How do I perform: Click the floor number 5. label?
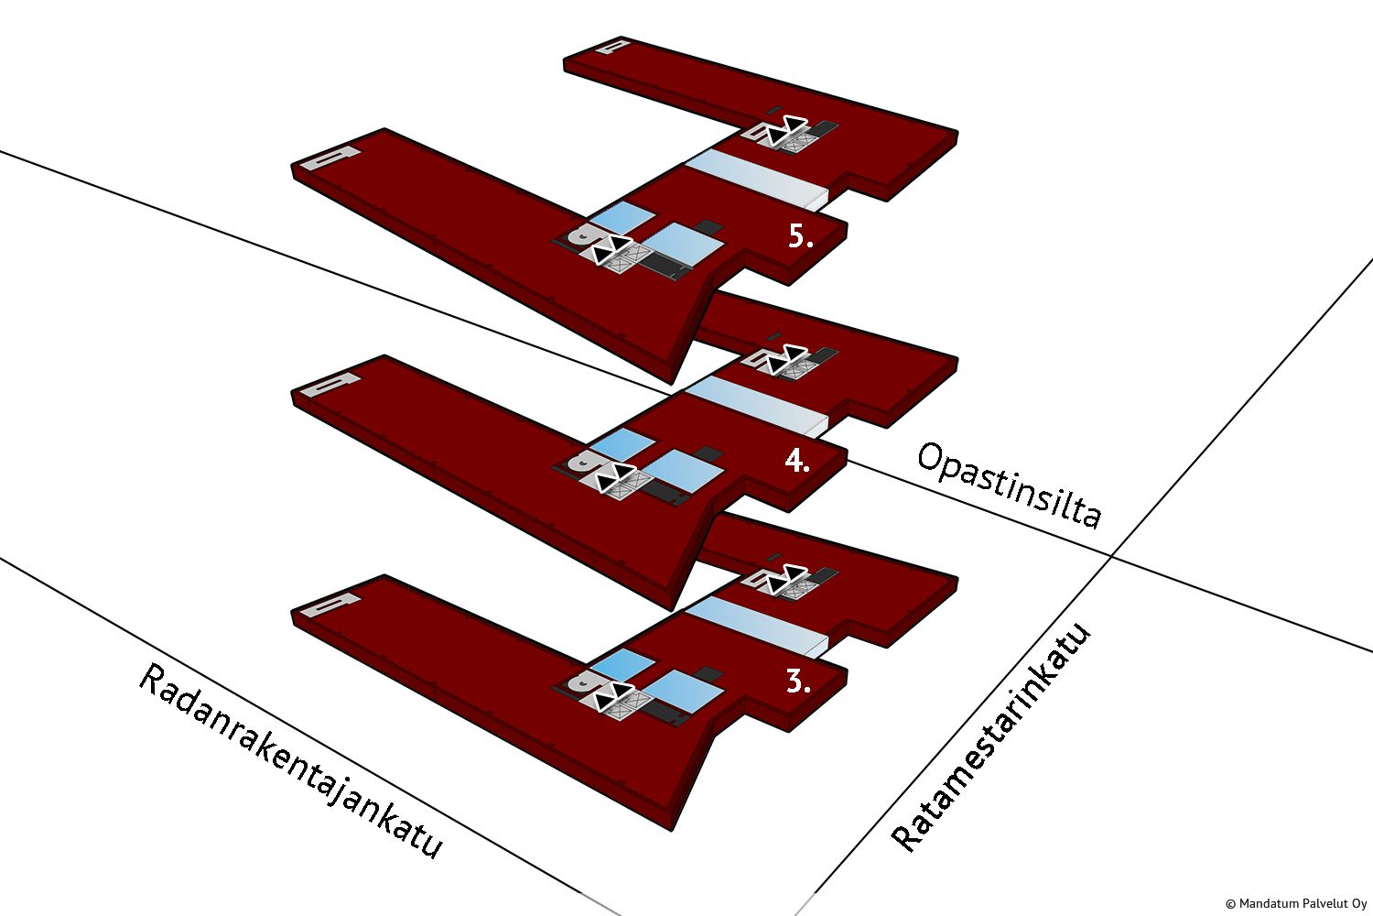click(800, 236)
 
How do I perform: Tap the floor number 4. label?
click(797, 461)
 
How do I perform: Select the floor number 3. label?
click(798, 681)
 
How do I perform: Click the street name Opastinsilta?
click(1008, 485)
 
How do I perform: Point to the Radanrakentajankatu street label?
click(289, 761)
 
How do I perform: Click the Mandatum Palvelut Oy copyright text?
click(1295, 903)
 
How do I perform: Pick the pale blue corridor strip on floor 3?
click(758, 624)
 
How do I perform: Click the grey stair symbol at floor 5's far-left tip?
click(330, 158)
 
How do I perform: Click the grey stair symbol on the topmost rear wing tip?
click(611, 46)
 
